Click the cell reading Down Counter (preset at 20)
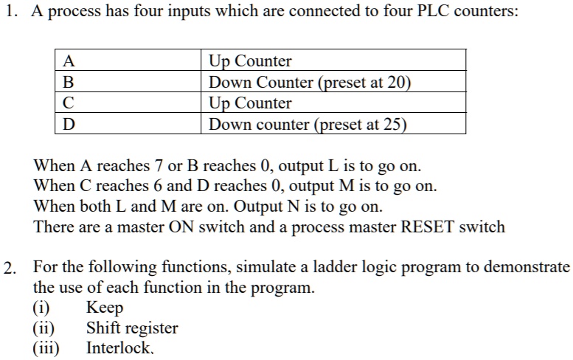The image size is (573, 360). tap(309, 82)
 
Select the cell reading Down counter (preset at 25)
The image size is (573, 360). tap(308, 124)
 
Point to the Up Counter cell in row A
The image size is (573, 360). tap(251, 61)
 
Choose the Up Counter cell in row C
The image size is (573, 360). tap(251, 103)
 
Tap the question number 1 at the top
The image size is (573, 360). tap(8, 16)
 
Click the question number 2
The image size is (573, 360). tap(8, 267)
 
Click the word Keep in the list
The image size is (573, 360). tap(105, 308)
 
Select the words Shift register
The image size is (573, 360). tap(132, 328)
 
